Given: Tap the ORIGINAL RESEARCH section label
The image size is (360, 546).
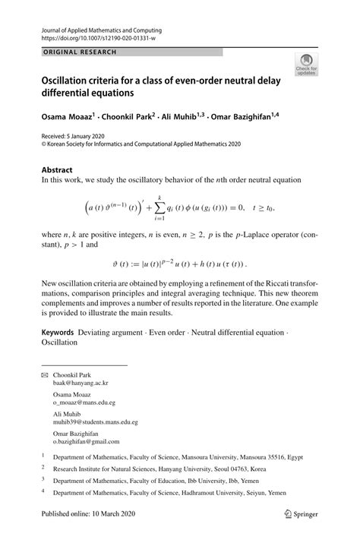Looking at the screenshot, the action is (x=69, y=52).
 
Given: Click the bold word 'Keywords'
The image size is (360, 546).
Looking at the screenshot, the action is (x=57, y=333).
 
